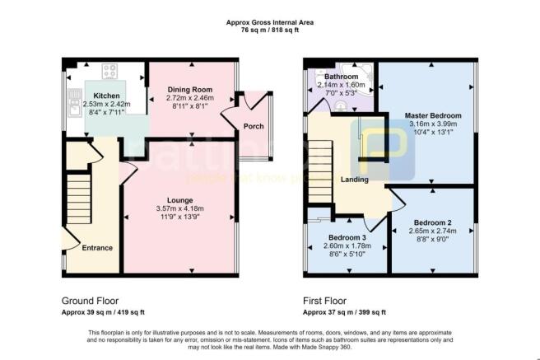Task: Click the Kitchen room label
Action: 106,96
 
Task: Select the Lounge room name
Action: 179,200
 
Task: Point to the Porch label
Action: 253,127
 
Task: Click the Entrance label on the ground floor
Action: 96,247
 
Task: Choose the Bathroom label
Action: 341,77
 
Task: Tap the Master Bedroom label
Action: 433,115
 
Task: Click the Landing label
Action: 354,180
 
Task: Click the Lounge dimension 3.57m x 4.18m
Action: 179,209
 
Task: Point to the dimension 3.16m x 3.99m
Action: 433,125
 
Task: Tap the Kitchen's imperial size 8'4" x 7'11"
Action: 106,114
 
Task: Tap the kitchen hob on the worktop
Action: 108,71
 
